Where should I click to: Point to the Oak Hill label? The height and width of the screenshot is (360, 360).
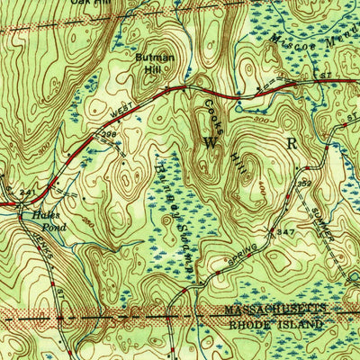75,3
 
